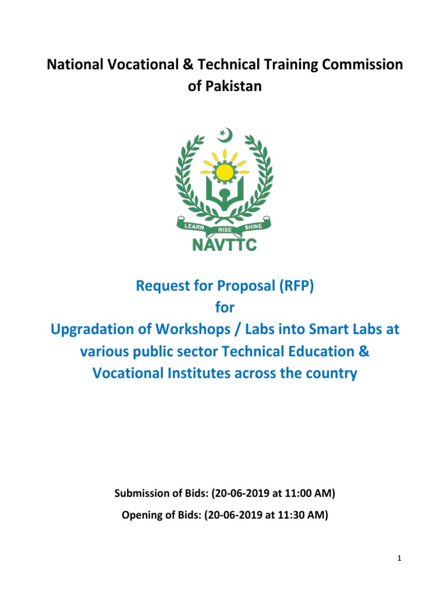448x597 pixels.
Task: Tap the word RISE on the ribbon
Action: point(225,229)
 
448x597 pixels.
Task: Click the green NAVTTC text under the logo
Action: point(225,245)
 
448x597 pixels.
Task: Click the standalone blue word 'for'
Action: point(225,308)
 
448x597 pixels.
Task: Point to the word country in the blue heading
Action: point(328,373)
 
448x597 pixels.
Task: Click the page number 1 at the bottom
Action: point(400,559)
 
